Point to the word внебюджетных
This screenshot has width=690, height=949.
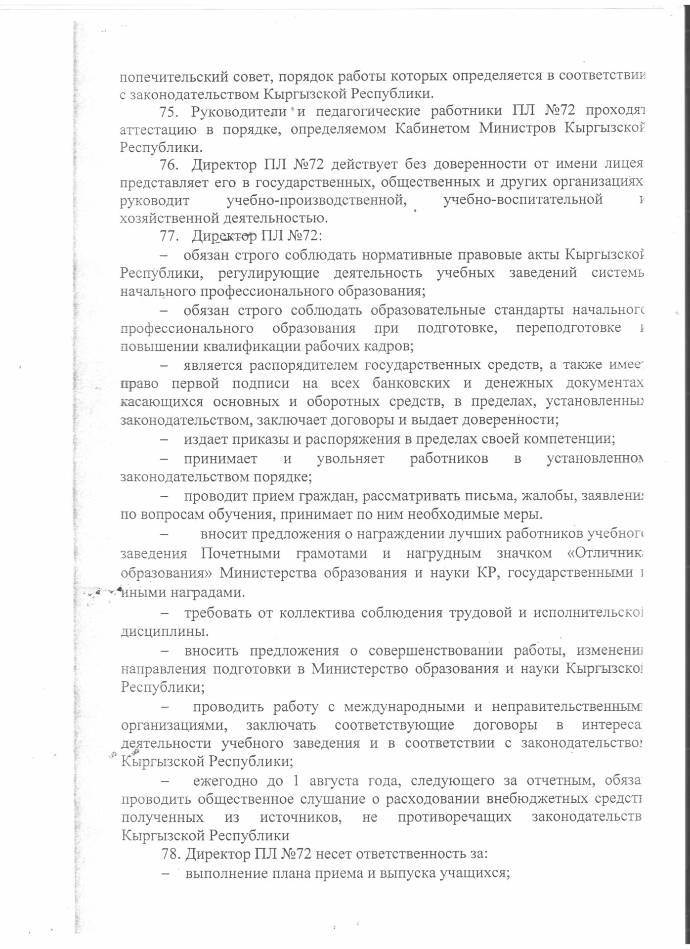coord(544,799)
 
